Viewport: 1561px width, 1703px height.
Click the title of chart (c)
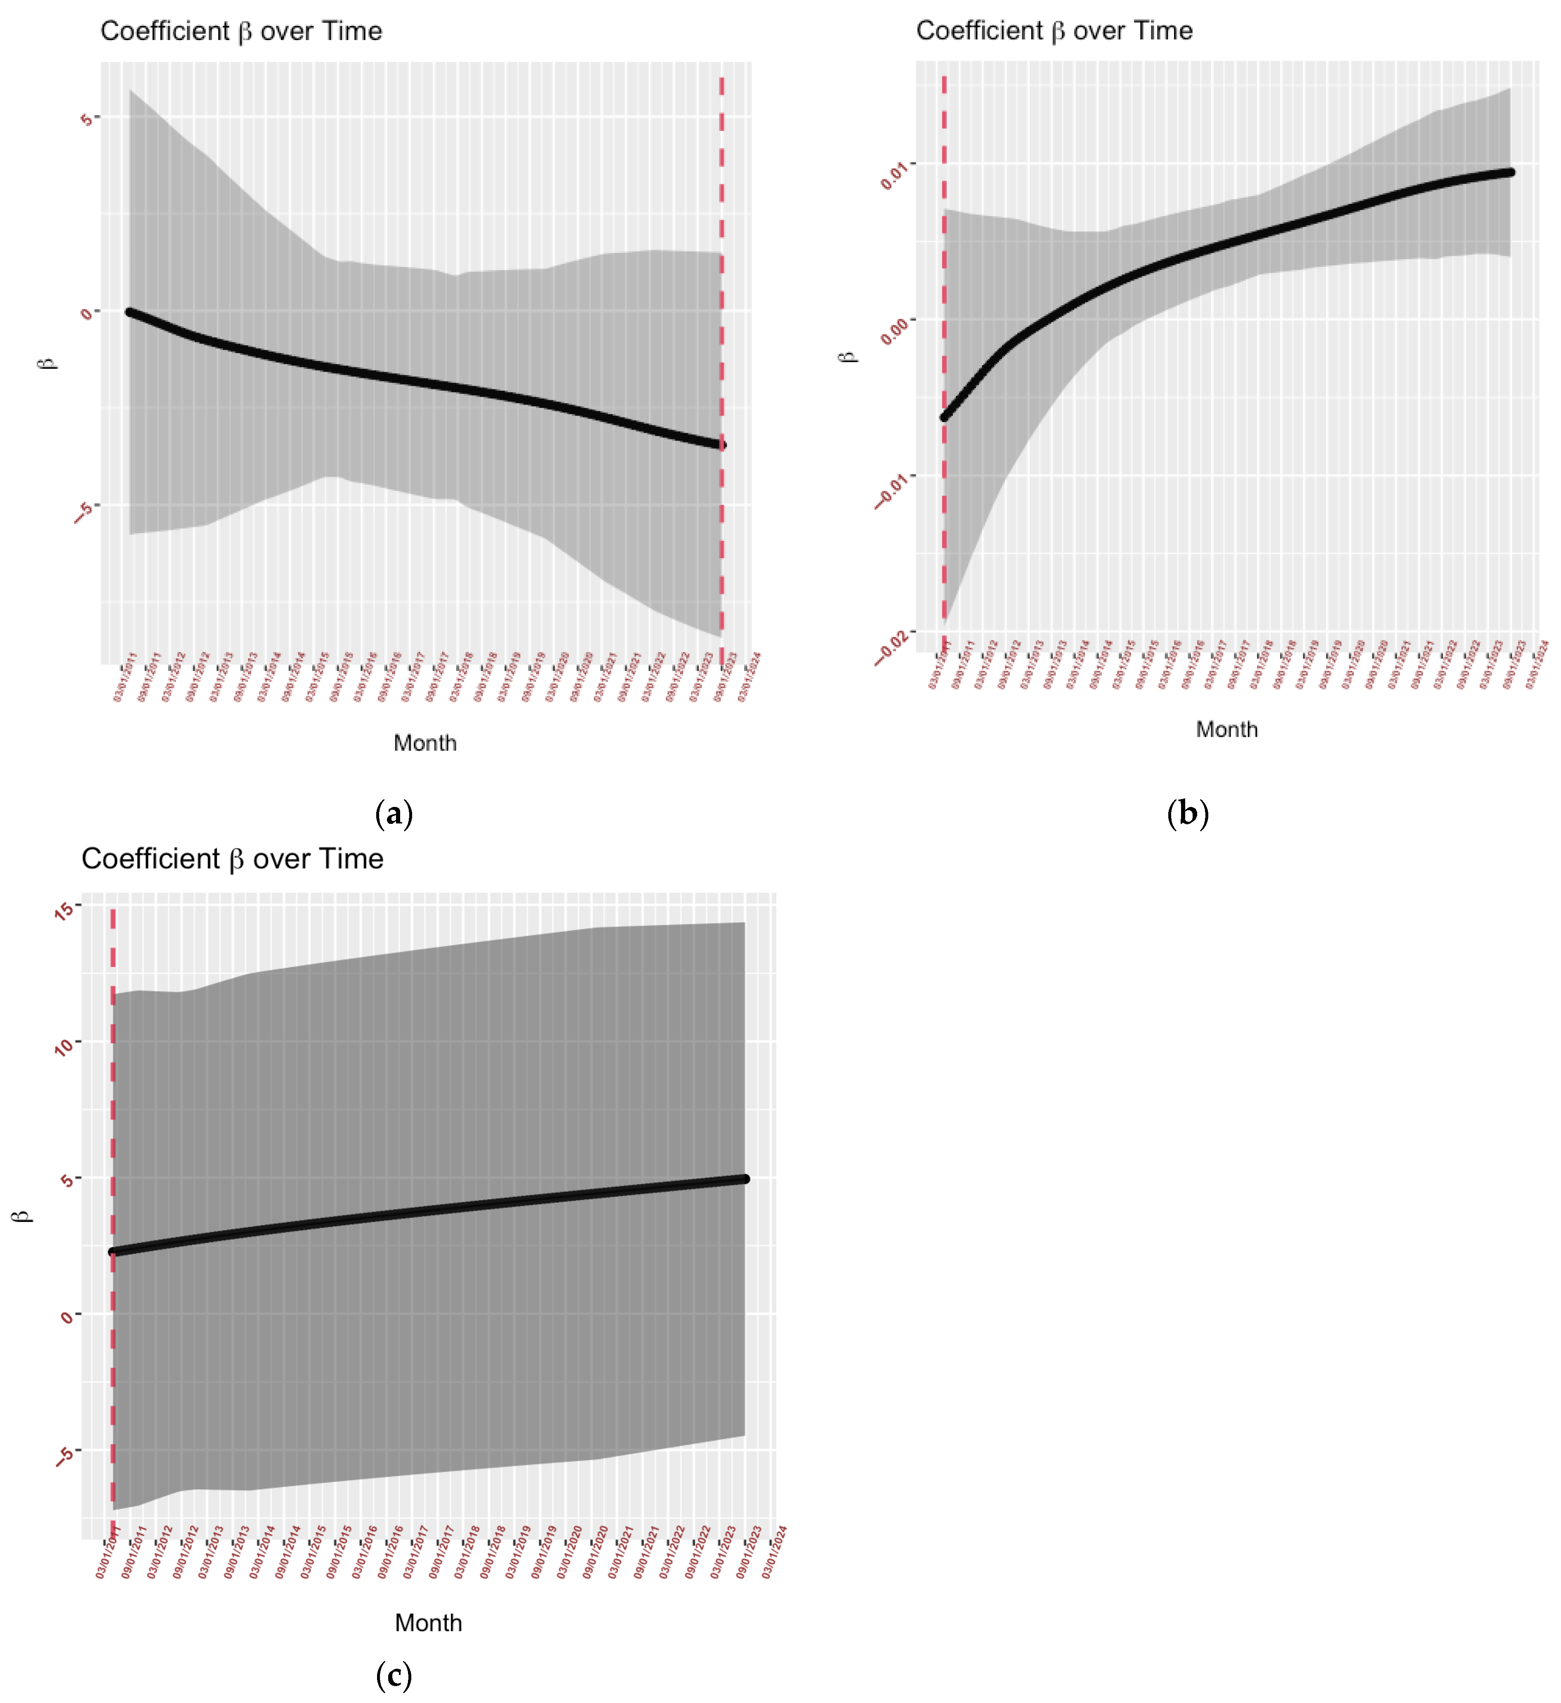(x=232, y=859)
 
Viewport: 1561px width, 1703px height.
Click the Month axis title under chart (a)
(x=425, y=743)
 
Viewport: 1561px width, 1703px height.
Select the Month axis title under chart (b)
(x=1226, y=730)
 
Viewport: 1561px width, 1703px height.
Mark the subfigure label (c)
(x=394, y=1675)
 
